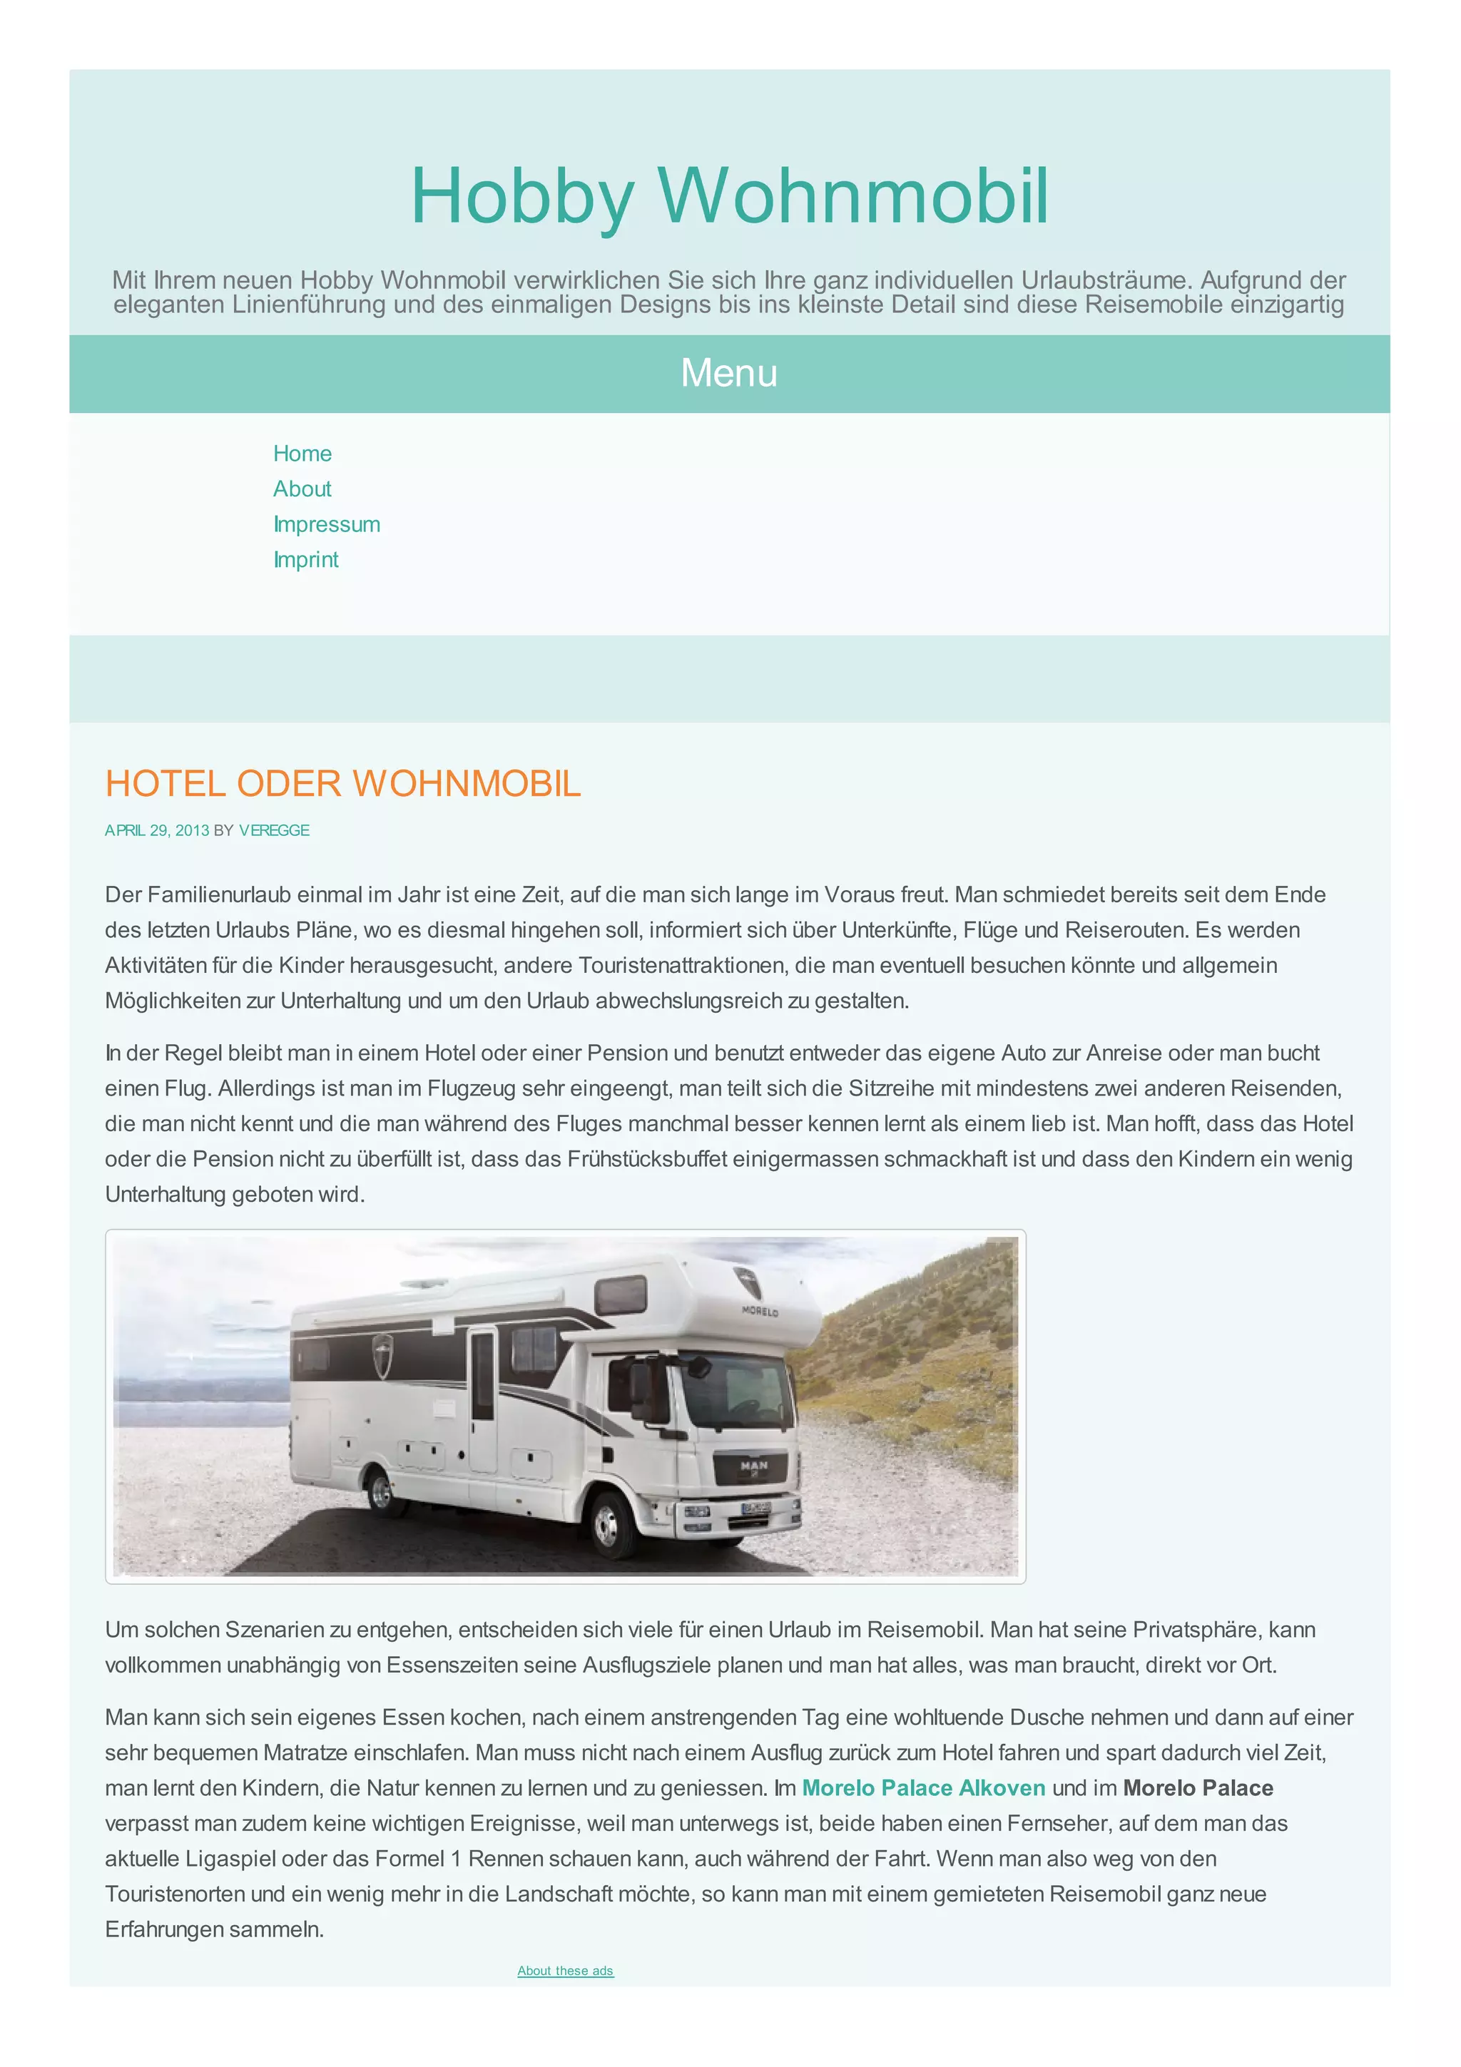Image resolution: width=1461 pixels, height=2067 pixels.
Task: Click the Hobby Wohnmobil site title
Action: (729, 195)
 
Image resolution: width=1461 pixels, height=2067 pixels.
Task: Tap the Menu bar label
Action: (729, 373)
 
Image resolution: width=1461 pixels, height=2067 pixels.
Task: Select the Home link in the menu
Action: (302, 454)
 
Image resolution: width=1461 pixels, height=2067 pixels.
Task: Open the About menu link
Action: (302, 489)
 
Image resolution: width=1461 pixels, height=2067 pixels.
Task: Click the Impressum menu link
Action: (327, 524)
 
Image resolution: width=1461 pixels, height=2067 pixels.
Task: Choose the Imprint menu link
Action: (306, 560)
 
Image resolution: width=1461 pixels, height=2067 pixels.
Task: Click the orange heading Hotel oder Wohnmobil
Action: (343, 783)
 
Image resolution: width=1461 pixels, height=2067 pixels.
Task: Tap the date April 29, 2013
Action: (157, 830)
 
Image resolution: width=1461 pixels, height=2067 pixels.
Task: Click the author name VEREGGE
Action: (274, 830)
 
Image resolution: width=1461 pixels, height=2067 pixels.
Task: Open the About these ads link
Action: (565, 1971)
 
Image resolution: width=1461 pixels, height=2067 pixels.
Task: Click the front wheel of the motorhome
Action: (606, 1522)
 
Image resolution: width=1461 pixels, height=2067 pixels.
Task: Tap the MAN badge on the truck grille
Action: (754, 1466)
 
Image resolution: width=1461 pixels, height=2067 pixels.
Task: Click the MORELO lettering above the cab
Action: (760, 1311)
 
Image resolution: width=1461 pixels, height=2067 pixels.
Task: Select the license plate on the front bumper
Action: (755, 1508)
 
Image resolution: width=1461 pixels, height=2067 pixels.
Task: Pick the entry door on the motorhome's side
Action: (482, 1400)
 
